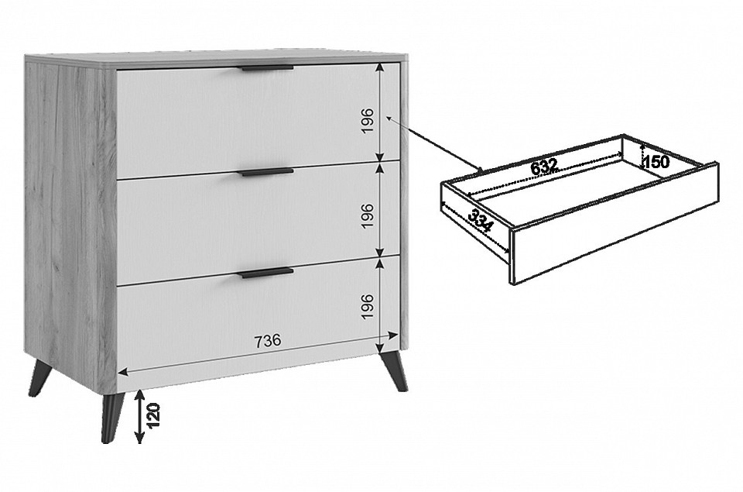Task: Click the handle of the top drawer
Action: (268, 68)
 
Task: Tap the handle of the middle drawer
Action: (268, 172)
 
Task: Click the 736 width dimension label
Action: (268, 341)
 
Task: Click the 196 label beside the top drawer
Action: (368, 121)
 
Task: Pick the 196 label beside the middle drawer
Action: (368, 216)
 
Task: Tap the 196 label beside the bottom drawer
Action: (368, 307)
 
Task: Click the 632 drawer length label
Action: (544, 167)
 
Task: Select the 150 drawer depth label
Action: (656, 162)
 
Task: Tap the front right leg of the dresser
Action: (393, 371)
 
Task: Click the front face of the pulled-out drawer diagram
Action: (614, 224)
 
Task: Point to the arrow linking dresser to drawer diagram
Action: (435, 143)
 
